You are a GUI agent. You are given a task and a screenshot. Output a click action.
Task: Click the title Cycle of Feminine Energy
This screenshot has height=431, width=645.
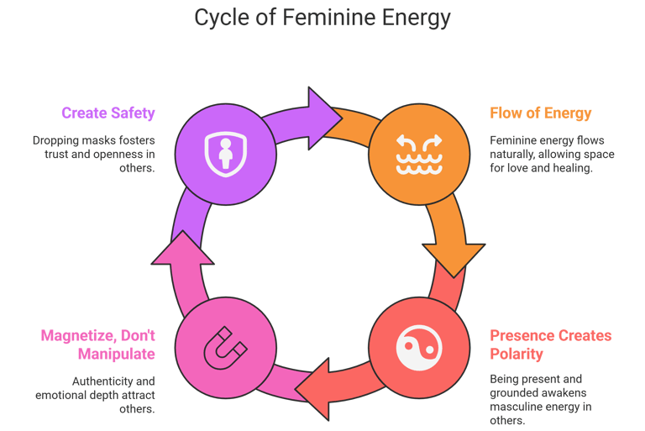click(x=322, y=18)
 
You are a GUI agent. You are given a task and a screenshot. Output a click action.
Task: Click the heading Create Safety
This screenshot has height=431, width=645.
click(x=107, y=113)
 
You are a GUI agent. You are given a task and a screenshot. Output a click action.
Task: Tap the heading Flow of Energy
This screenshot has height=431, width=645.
click(x=541, y=113)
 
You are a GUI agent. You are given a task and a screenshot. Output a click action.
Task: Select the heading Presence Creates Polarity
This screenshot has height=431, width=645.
click(x=550, y=344)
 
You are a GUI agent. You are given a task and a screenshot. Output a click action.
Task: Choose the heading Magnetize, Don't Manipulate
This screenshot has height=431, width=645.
click(x=98, y=344)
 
